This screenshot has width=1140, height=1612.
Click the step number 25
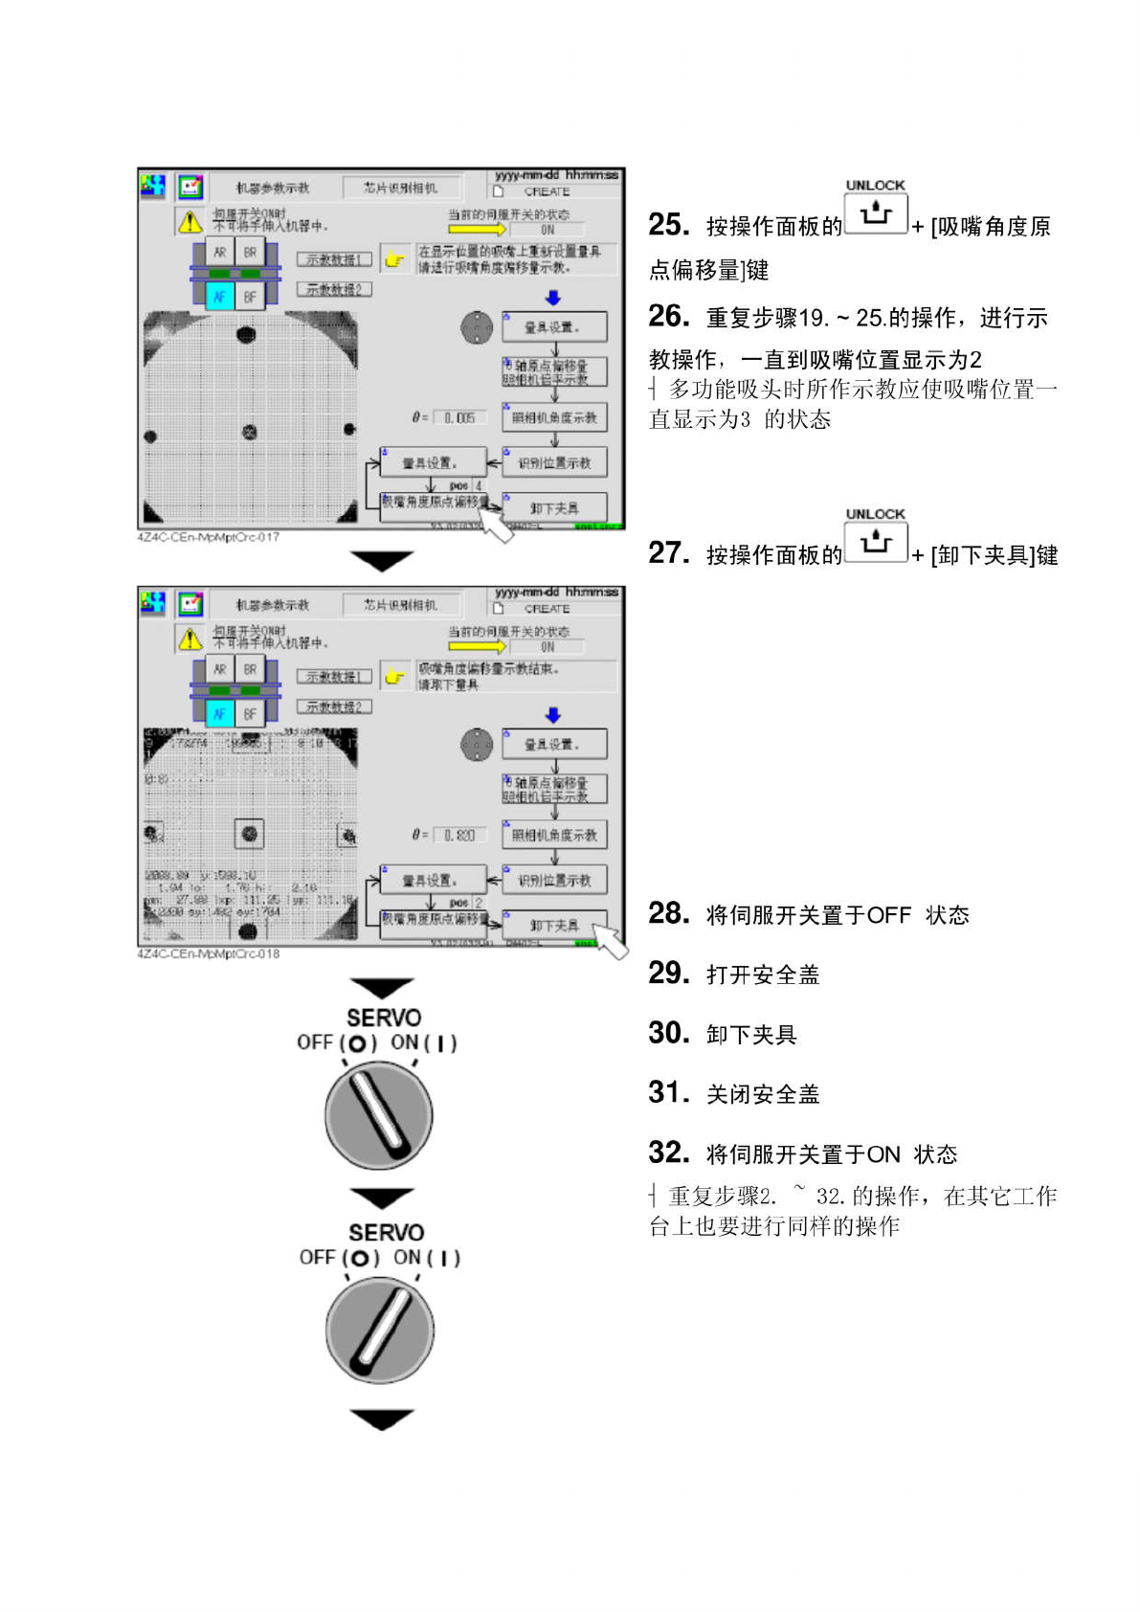[668, 225]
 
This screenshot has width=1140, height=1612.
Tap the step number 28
[668, 913]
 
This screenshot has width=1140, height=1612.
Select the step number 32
[668, 1153]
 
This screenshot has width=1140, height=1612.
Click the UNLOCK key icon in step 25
[875, 213]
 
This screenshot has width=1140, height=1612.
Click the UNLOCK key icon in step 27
[875, 542]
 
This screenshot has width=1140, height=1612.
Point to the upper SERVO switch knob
[378, 1115]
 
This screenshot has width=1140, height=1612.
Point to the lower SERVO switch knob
[380, 1330]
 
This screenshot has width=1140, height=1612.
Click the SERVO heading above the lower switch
[386, 1232]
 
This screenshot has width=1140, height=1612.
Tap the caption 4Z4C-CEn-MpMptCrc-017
[209, 538]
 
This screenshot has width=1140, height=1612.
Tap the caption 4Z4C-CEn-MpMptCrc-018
[209, 954]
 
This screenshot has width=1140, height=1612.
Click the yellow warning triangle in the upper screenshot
[190, 222]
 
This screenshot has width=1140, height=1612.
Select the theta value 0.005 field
[459, 417]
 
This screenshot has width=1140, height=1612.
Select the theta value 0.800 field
[459, 835]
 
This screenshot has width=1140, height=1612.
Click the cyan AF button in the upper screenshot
[220, 297]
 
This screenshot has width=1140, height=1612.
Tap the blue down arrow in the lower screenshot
[553, 715]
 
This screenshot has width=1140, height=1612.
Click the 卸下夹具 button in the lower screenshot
[554, 925]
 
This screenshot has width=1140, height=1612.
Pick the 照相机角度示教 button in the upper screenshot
[554, 417]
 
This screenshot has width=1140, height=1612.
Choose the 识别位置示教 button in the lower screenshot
[554, 880]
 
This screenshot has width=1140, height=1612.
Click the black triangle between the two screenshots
[381, 560]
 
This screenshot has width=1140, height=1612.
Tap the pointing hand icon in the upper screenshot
[393, 258]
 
